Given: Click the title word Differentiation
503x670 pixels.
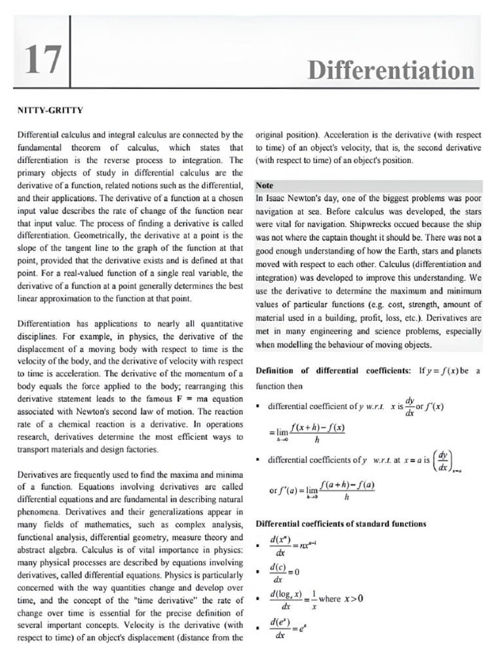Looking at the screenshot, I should click(x=391, y=71).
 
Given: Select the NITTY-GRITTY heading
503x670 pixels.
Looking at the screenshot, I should click(x=49, y=109).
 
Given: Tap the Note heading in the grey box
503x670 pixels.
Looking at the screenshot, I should click(x=265, y=185).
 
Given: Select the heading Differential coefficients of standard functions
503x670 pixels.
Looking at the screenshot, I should click(x=341, y=523).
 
